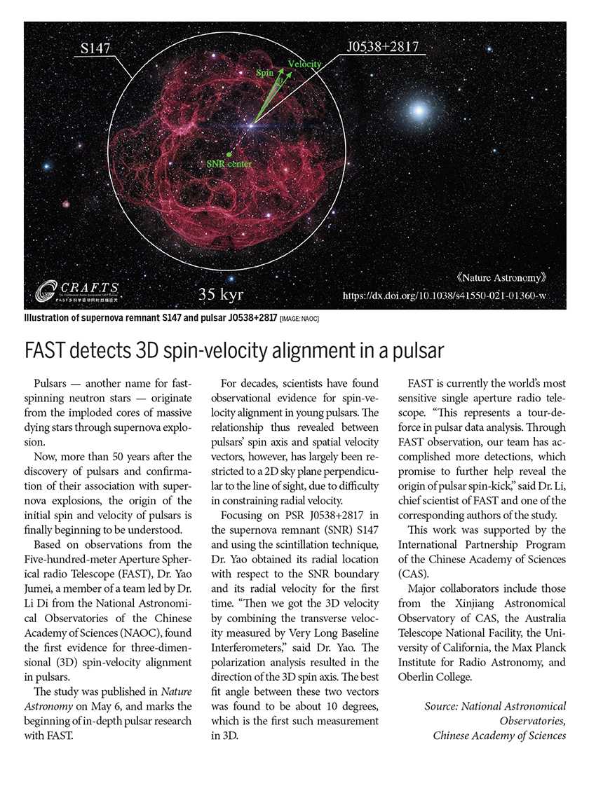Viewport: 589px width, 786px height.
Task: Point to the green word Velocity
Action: pyautogui.click(x=304, y=64)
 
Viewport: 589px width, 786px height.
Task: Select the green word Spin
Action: pyautogui.click(x=264, y=73)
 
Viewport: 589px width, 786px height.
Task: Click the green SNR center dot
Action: pyautogui.click(x=229, y=153)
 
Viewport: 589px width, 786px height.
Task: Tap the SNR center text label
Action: pyautogui.click(x=229, y=164)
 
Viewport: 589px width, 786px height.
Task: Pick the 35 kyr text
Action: pyautogui.click(x=221, y=295)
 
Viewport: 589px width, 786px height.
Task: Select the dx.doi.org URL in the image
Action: pyautogui.click(x=445, y=297)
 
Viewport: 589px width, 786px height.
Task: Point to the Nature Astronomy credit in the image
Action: pyautogui.click(x=500, y=277)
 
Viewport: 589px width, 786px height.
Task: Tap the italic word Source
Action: pyautogui.click(x=441, y=707)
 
